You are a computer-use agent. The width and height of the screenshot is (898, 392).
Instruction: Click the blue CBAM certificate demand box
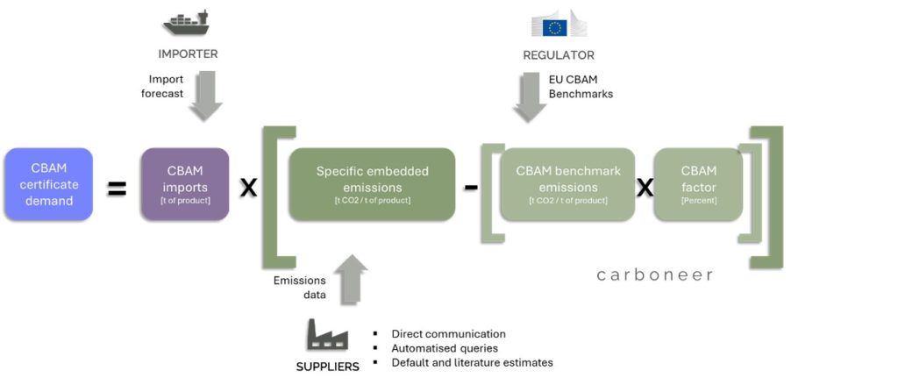pyautogui.click(x=48, y=183)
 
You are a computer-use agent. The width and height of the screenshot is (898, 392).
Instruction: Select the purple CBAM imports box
pyautogui.click(x=184, y=183)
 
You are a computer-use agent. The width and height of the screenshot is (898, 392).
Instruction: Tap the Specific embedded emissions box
pyautogui.click(x=372, y=183)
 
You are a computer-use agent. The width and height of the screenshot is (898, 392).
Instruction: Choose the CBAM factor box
pyautogui.click(x=698, y=183)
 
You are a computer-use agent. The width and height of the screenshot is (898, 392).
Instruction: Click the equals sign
pyautogui.click(x=117, y=188)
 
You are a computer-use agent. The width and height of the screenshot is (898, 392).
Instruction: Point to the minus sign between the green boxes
pyautogui.click(x=471, y=188)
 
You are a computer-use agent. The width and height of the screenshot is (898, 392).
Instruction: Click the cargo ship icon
pyautogui.click(x=186, y=22)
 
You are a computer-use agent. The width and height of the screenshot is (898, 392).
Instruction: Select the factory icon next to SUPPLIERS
pyautogui.click(x=326, y=337)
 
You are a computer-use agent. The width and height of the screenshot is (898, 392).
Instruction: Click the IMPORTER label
pyautogui.click(x=188, y=54)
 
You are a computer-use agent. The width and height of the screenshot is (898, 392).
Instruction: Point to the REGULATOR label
pyautogui.click(x=559, y=55)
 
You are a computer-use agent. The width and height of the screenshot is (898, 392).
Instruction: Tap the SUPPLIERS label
pyautogui.click(x=326, y=366)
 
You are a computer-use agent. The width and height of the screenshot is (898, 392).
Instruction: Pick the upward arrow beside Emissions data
pyautogui.click(x=351, y=277)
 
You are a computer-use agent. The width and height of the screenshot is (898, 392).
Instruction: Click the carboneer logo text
pyautogui.click(x=655, y=275)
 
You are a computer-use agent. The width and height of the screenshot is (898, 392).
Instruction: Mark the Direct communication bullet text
pyautogui.click(x=448, y=333)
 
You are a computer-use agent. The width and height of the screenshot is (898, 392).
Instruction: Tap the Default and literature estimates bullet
pyautogui.click(x=472, y=362)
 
